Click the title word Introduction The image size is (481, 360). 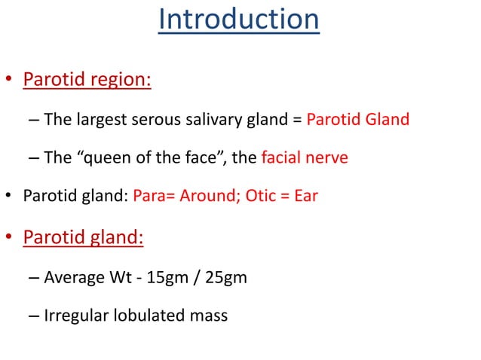tap(239, 20)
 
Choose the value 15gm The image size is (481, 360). tap(162, 277)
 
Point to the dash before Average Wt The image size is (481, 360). tap(34, 277)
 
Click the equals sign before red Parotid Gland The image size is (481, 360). tap(297, 120)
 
